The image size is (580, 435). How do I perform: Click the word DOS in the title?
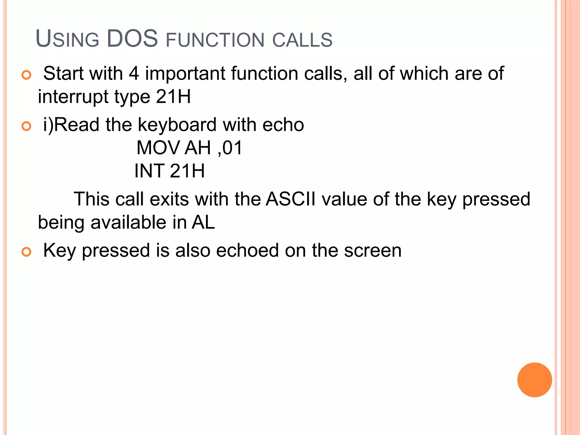click(x=132, y=39)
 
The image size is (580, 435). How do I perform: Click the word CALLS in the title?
click(x=302, y=40)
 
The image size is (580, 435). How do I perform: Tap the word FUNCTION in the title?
click(x=215, y=40)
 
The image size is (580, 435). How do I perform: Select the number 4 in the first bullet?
click(x=134, y=73)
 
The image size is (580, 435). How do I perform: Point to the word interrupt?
click(x=73, y=97)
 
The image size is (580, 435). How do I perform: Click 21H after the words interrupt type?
click(x=173, y=97)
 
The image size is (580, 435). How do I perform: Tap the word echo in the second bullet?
click(x=283, y=125)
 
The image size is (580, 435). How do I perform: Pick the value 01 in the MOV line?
click(x=232, y=148)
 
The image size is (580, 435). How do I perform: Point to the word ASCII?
click(x=291, y=199)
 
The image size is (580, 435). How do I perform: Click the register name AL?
click(x=203, y=222)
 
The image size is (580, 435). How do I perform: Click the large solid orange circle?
click(x=534, y=380)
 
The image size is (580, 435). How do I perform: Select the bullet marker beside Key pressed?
click(x=26, y=251)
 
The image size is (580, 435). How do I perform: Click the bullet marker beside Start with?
click(x=26, y=75)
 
